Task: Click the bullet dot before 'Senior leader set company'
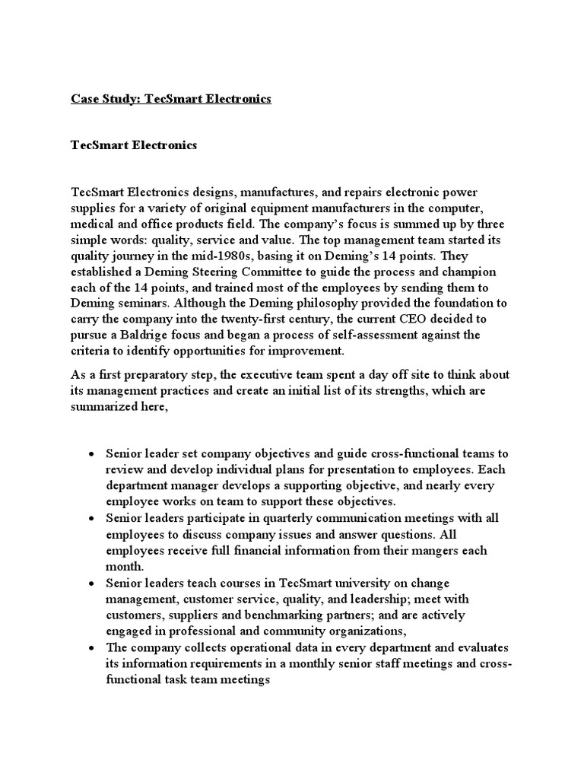click(90, 454)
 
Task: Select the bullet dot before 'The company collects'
click(90, 647)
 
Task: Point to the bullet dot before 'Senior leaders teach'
click(90, 583)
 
